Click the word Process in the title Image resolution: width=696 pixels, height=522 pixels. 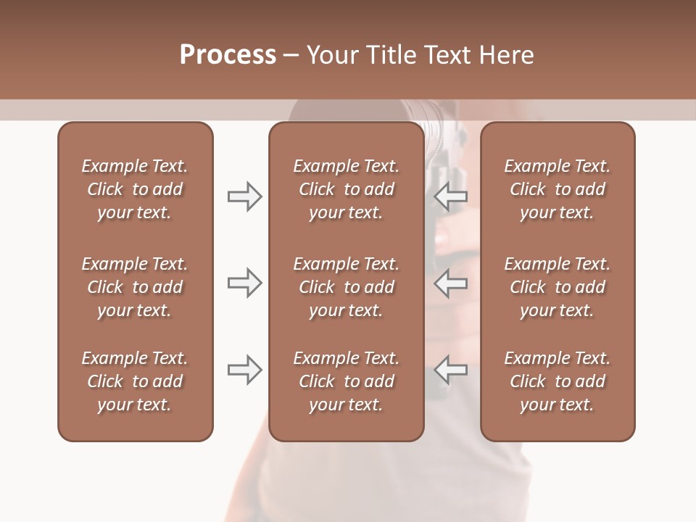228,54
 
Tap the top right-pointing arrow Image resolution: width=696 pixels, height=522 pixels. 244,196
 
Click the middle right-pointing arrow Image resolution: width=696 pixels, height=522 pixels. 244,283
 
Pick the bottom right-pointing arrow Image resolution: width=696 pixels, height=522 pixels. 244,370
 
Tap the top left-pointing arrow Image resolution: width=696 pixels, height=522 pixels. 451,196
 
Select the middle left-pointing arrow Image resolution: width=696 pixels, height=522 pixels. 451,283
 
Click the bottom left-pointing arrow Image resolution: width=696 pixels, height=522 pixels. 451,370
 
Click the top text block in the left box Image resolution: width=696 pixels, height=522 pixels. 135,189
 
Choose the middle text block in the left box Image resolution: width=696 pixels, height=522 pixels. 135,287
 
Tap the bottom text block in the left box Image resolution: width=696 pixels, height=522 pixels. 135,381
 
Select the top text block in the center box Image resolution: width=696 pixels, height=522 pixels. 347,189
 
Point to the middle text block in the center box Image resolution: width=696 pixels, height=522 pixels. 347,287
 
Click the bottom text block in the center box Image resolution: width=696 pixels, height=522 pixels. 347,381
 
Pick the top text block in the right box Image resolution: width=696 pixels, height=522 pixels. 558,189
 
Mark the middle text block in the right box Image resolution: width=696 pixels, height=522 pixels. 558,287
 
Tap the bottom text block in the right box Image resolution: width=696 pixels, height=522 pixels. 558,381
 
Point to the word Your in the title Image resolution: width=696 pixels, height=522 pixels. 331,55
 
